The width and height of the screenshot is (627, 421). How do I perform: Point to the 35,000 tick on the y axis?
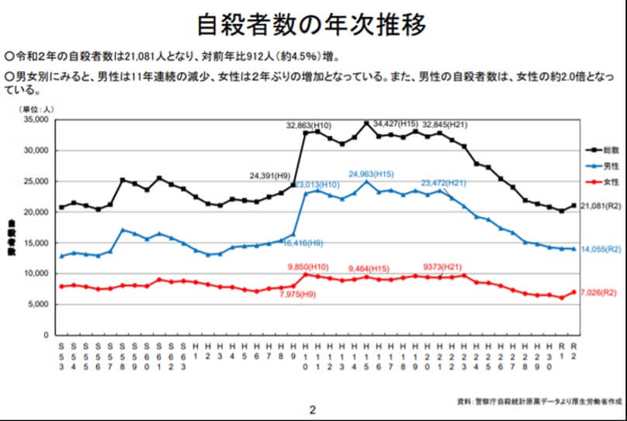click(x=36, y=119)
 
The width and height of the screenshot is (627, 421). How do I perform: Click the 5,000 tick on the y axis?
click(x=38, y=304)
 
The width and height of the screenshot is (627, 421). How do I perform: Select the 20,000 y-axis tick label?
click(x=36, y=212)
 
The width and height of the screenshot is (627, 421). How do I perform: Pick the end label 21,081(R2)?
click(x=603, y=205)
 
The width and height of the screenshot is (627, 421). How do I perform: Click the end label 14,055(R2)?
click(x=603, y=250)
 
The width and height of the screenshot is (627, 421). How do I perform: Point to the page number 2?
click(x=312, y=409)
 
